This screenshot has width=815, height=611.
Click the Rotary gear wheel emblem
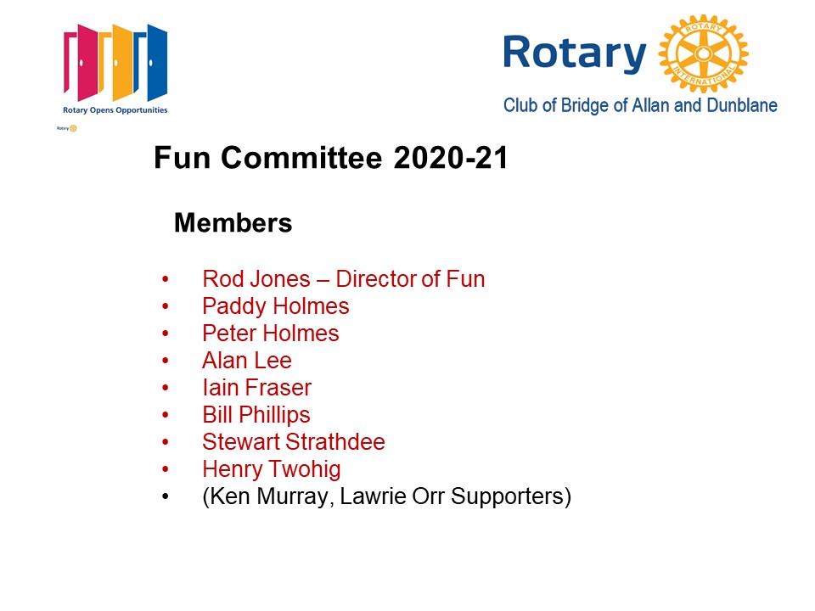click(703, 53)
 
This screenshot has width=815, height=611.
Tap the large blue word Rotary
click(575, 54)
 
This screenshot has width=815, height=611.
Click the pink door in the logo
click(81, 62)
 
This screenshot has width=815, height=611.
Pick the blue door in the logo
click(152, 62)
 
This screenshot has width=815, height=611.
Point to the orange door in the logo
click(117, 62)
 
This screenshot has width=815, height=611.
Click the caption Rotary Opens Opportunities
click(115, 110)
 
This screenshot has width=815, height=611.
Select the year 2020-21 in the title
click(451, 158)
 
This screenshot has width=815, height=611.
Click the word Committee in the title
click(301, 158)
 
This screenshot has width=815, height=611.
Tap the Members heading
click(233, 223)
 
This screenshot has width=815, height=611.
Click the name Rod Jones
click(256, 279)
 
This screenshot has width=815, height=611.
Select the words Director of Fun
click(411, 279)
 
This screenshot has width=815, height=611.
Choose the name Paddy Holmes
click(276, 306)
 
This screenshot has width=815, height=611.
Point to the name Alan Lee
click(247, 361)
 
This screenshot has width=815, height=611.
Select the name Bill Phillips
click(256, 415)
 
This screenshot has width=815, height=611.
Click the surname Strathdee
click(335, 441)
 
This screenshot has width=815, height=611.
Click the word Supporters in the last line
click(508, 496)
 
